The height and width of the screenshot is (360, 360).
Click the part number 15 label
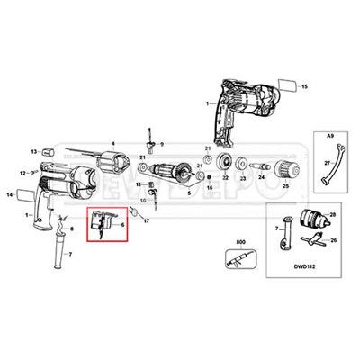(304, 85)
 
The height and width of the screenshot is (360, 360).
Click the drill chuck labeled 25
(285, 167)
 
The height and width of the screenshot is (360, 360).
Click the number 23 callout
(241, 180)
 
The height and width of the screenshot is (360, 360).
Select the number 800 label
(239, 243)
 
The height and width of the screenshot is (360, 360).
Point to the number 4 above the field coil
(113, 143)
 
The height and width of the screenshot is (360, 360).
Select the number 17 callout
(146, 220)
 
